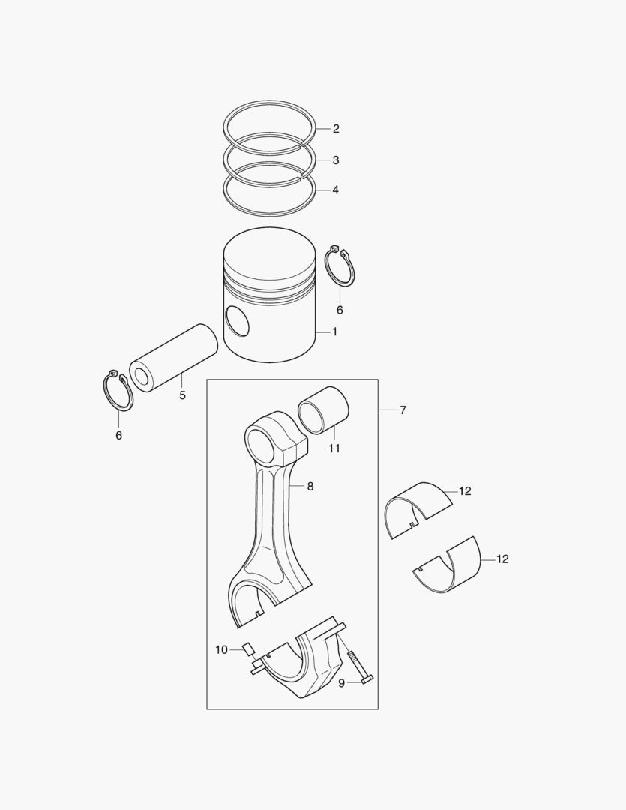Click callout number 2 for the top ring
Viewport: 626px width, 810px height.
[x=336, y=129]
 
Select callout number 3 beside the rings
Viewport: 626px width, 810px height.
[x=336, y=160]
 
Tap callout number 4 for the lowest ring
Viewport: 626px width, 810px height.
[x=336, y=190]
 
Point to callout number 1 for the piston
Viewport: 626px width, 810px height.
[x=334, y=331]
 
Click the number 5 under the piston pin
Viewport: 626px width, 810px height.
[x=182, y=394]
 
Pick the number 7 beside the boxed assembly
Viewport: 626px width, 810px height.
[x=403, y=410]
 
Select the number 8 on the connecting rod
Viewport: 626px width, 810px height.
[x=310, y=487]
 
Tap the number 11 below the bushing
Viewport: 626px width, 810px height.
[x=334, y=448]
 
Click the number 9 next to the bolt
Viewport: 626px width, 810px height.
[x=341, y=682]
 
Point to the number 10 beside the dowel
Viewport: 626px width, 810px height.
[x=221, y=649]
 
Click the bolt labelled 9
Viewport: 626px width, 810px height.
[x=358, y=667]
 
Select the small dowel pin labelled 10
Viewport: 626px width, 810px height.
[x=248, y=648]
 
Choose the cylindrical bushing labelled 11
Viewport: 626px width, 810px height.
[x=324, y=409]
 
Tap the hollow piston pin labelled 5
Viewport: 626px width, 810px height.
[x=174, y=359]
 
